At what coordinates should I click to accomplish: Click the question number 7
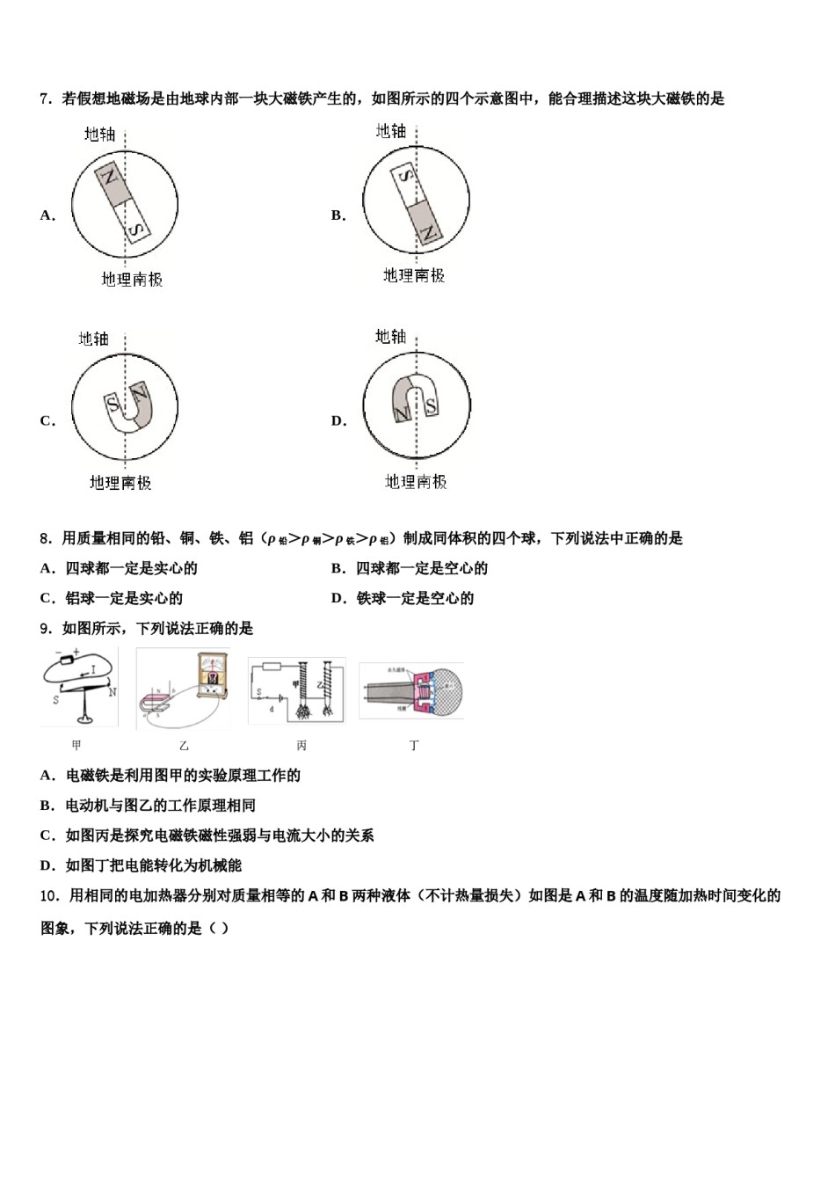tap(47, 98)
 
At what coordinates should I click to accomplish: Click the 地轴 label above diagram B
tap(391, 131)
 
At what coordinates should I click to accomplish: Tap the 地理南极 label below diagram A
tap(132, 280)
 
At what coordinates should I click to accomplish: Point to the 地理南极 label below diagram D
tap(416, 482)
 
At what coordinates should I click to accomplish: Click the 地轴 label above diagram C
tap(94, 339)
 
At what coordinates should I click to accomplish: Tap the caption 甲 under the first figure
tap(76, 745)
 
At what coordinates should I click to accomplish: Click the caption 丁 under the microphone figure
tap(414, 745)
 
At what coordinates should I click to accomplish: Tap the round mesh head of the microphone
tap(447, 692)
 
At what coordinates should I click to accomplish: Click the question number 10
tap(50, 895)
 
